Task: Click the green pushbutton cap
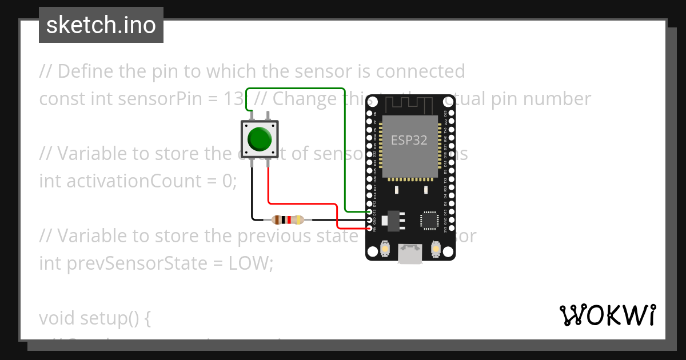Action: pyautogui.click(x=260, y=138)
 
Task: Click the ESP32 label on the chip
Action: pyautogui.click(x=409, y=140)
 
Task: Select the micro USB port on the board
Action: pyautogui.click(x=410, y=253)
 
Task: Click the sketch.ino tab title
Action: pyautogui.click(x=101, y=26)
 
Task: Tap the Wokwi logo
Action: pyautogui.click(x=607, y=315)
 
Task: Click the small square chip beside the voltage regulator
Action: pyautogui.click(x=429, y=220)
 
